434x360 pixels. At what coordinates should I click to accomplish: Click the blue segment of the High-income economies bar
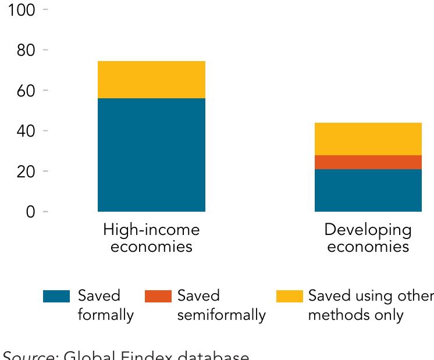click(151, 155)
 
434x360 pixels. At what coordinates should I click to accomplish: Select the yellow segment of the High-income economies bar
click(151, 80)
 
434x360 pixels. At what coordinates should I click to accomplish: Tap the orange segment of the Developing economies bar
click(368, 162)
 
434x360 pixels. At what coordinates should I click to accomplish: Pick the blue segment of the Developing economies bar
click(368, 190)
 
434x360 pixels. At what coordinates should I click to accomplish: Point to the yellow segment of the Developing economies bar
click(368, 139)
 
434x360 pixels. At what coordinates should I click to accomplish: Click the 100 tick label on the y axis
click(22, 10)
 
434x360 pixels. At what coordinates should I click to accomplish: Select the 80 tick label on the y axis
click(25, 51)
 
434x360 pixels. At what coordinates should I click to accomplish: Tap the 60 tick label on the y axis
click(25, 91)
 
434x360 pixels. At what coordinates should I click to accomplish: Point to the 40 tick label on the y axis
click(25, 131)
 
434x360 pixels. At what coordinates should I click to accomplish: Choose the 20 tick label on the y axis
click(25, 172)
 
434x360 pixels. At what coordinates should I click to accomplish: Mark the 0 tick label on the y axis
click(30, 212)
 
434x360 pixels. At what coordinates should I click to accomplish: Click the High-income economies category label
click(151, 238)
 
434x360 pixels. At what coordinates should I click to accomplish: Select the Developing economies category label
click(368, 238)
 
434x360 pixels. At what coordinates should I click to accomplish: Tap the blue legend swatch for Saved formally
click(57, 297)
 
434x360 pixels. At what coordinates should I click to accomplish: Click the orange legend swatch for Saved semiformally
click(158, 297)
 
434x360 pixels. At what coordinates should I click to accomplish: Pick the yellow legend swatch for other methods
click(289, 297)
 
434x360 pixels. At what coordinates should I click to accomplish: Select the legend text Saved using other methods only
click(370, 306)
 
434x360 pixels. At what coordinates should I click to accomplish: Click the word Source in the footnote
click(29, 354)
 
